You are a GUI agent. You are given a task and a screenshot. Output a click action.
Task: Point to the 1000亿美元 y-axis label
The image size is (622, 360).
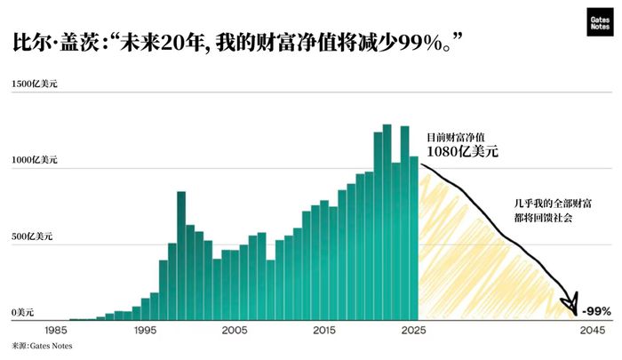(35, 160)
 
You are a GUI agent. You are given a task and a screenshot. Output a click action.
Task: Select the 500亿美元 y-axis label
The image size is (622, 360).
(32, 236)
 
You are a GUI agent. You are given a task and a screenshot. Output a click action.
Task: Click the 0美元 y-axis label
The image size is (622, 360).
(23, 313)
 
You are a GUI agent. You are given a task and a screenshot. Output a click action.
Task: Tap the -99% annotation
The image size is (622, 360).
(596, 311)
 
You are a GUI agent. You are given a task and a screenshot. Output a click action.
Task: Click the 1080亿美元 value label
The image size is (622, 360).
(462, 152)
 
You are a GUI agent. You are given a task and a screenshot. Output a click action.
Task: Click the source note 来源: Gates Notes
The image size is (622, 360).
(43, 345)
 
